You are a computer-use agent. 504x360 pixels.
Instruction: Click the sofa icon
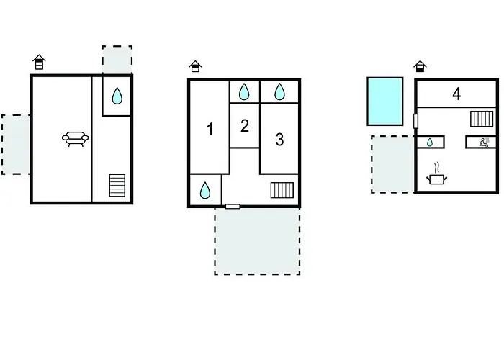coord(75,138)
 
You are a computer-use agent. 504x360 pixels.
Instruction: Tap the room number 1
coord(210,130)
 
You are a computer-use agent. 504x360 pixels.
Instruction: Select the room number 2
coord(245,126)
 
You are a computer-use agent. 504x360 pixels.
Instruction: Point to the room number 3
coord(279,140)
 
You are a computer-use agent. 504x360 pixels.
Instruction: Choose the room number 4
coord(456,94)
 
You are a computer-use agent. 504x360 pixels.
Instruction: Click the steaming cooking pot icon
coord(437,176)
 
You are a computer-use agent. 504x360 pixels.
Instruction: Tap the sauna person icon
coord(484,143)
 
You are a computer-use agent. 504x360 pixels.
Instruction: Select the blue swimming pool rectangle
coord(385,101)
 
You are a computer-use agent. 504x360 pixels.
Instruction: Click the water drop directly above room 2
coord(244,91)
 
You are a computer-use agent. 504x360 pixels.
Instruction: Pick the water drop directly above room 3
coord(279,91)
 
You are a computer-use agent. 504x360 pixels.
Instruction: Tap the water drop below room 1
coord(205,190)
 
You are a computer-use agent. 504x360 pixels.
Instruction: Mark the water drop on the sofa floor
coord(117,96)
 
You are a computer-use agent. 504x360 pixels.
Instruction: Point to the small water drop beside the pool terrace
coord(430,142)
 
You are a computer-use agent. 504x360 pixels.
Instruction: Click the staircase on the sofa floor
coord(117,186)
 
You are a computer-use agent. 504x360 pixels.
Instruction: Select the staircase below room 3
coord(282,190)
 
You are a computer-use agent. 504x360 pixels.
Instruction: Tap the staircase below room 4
coord(482,119)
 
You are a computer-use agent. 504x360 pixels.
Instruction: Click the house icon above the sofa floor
coord(39,62)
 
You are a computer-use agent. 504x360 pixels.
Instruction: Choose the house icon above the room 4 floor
coord(420,66)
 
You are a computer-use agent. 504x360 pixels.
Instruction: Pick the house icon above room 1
coord(195,66)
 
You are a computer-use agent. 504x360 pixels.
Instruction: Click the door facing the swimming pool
coord(415,121)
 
